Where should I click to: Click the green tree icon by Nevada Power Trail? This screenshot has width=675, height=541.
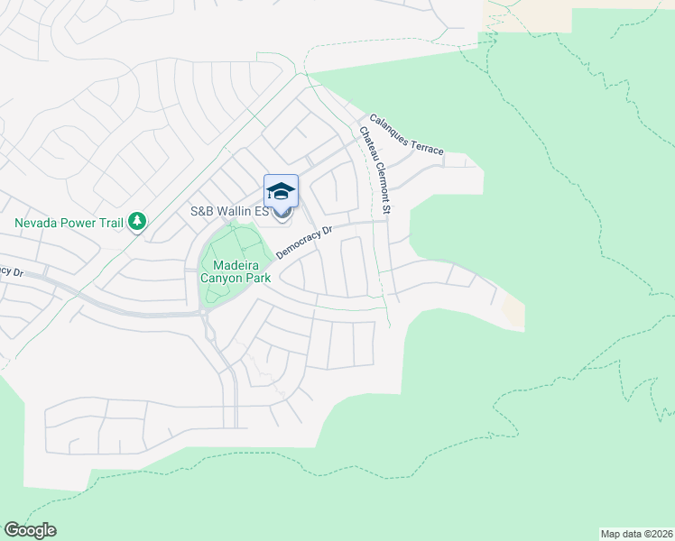(137, 221)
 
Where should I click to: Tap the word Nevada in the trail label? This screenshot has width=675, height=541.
(37, 222)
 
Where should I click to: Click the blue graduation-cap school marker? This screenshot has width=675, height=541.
(281, 191)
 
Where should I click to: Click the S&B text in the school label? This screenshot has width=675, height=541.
(200, 212)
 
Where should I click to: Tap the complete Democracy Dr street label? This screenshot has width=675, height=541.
(305, 242)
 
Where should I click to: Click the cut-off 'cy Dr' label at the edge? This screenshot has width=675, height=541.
(10, 271)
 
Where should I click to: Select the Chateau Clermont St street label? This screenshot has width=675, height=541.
(374, 170)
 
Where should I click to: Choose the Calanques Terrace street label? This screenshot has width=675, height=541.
(405, 134)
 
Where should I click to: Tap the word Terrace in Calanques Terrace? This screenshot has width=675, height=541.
(426, 145)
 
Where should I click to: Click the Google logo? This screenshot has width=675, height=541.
(30, 530)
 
